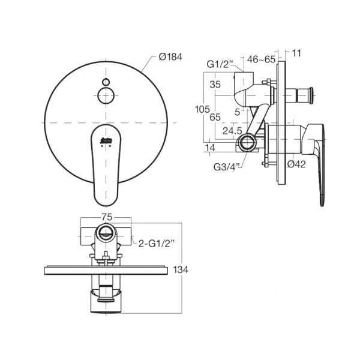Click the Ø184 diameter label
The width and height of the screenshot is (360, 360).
coord(170,57)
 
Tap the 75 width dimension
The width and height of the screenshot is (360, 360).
coord(107,217)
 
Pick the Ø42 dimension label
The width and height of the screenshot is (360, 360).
coord(298,164)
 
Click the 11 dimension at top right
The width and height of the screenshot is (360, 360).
coord(296,53)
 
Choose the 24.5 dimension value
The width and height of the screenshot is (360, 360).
coord(232,130)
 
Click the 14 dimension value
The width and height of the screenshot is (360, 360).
coord(210,147)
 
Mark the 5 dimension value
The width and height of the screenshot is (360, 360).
coord(238,111)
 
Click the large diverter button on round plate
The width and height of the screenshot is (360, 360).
coord(106,94)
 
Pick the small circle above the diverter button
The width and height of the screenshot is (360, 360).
coord(106,81)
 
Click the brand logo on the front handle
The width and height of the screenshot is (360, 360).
coord(106,139)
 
